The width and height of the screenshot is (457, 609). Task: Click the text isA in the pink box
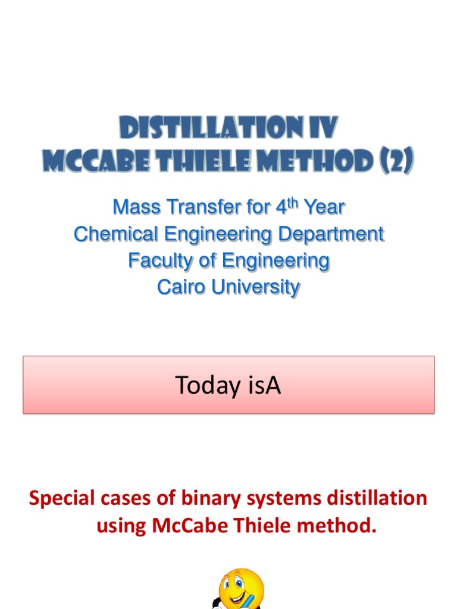click(x=262, y=386)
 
